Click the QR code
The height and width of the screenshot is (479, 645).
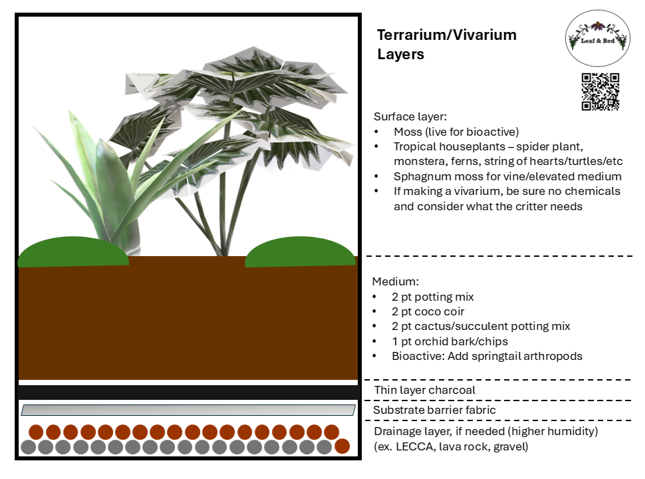(x=600, y=92)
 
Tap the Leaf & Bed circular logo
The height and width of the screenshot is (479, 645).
(x=597, y=38)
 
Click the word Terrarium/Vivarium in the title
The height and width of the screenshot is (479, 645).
(x=447, y=35)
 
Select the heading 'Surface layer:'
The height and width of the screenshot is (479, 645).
(x=410, y=116)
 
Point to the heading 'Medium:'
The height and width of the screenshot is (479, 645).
(x=395, y=281)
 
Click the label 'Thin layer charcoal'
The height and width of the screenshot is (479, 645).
(x=424, y=390)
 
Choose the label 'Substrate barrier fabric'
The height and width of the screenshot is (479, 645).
(x=434, y=410)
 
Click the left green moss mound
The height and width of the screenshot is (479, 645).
(x=73, y=252)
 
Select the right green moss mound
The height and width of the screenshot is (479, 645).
(x=301, y=252)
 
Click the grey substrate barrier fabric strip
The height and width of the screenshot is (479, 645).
(x=188, y=410)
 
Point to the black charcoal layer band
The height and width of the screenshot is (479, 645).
(x=188, y=392)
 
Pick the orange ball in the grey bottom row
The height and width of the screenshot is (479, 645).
(x=342, y=446)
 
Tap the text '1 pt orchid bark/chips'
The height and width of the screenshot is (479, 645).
(x=450, y=341)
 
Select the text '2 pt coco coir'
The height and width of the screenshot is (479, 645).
(x=428, y=311)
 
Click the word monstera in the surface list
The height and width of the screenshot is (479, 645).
(x=416, y=161)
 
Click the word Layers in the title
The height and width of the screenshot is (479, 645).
(x=401, y=55)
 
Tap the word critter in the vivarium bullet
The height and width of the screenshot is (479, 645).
(x=535, y=206)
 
